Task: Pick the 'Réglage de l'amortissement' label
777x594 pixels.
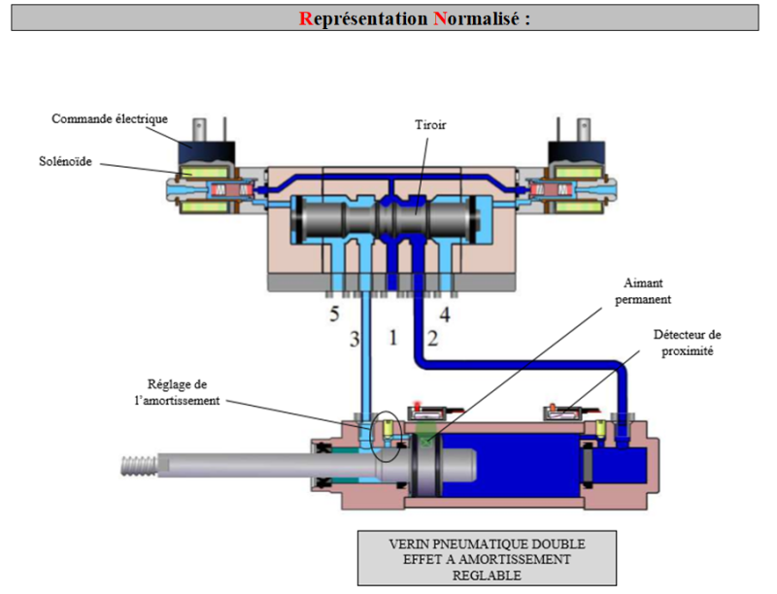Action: click(186, 392)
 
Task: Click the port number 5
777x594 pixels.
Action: click(333, 314)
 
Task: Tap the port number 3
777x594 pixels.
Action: click(355, 339)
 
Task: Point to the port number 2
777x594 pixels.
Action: click(433, 339)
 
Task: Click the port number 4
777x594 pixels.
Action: click(445, 314)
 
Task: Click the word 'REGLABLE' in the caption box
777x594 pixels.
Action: click(487, 576)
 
